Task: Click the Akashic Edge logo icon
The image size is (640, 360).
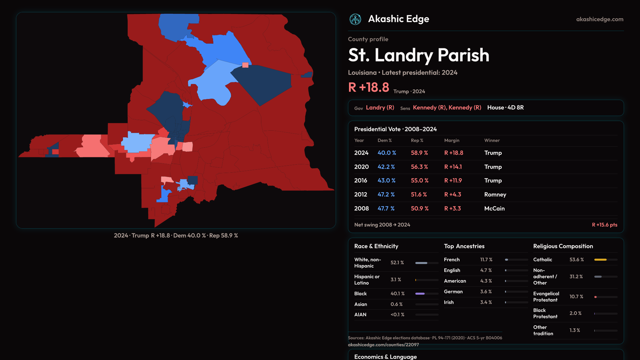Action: [x=355, y=19]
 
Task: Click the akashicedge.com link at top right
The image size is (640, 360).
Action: [x=600, y=19]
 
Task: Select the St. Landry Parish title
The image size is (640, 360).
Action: [x=419, y=55]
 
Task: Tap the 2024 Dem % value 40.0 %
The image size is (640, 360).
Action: [x=387, y=153]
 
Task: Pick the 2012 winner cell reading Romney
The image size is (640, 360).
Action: [x=495, y=194]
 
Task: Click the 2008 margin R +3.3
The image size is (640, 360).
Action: [x=452, y=208]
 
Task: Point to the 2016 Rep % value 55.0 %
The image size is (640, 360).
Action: [x=419, y=180]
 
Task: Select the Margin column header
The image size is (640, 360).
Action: [x=452, y=140]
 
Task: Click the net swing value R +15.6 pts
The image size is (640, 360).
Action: [x=604, y=225]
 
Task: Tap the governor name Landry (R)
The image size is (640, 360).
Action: [x=380, y=107]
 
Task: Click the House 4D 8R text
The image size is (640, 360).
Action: [x=505, y=107]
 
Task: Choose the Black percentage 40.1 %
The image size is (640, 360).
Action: [x=397, y=293]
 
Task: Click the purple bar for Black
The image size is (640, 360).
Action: [x=420, y=294]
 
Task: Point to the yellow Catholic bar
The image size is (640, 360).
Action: [x=600, y=260]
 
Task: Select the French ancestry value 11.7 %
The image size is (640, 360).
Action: [x=486, y=259]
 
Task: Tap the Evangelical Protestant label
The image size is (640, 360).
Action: [x=546, y=297]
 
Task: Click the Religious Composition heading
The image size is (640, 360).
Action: [x=563, y=246]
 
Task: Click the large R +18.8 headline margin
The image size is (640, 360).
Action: [x=369, y=87]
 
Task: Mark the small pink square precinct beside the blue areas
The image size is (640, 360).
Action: [x=245, y=65]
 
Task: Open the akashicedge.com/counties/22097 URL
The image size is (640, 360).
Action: [x=383, y=345]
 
